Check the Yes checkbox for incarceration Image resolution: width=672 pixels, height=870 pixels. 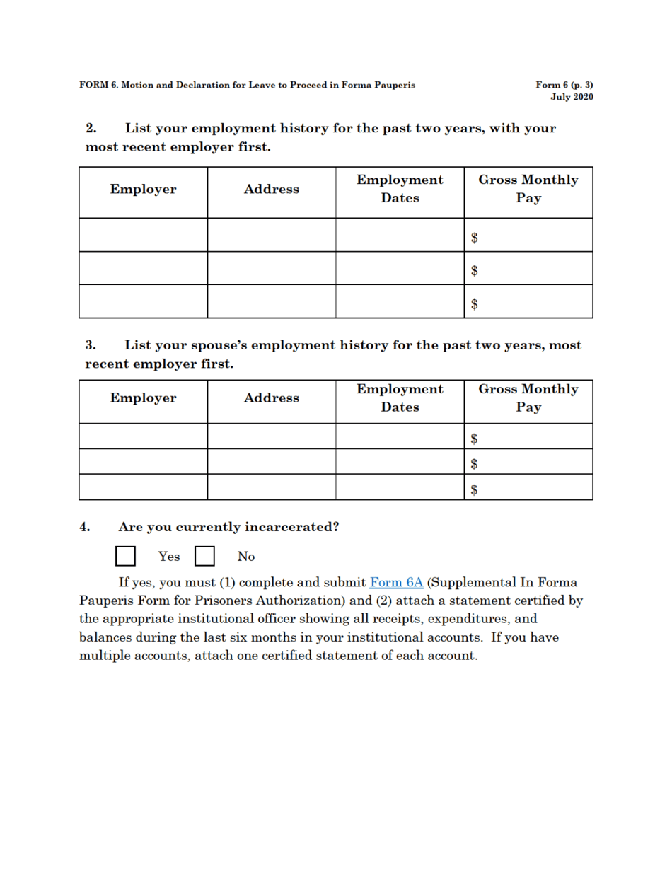click(125, 556)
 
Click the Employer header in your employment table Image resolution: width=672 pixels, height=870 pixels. click(143, 190)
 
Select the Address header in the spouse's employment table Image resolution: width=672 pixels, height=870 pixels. click(271, 398)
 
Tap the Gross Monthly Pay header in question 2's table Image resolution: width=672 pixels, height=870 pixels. click(528, 189)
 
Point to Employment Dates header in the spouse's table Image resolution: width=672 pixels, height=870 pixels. click(400, 398)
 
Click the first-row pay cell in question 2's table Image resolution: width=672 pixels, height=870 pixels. click(528, 235)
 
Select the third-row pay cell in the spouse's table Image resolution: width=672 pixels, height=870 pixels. click(528, 487)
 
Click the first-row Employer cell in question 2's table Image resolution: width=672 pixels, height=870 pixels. click(143, 235)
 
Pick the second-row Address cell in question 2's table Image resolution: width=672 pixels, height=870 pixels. click(271, 268)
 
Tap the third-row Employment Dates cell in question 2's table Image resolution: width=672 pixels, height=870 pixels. click(400, 301)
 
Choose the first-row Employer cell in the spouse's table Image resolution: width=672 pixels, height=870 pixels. click(143, 436)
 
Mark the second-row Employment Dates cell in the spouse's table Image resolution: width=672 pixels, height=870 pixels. click(400, 461)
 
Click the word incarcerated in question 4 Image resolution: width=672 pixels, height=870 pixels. click(290, 527)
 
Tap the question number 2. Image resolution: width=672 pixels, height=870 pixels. click(91, 129)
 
